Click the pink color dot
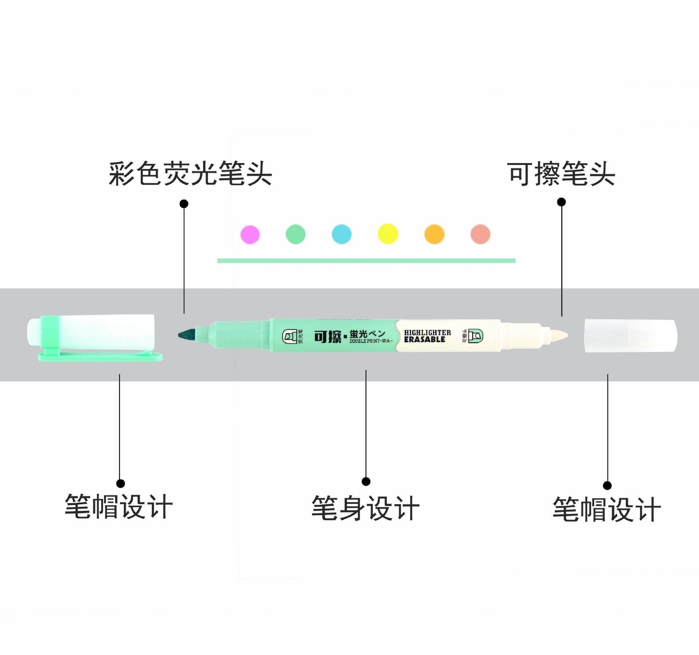pyautogui.click(x=250, y=234)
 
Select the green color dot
pyautogui.click(x=296, y=234)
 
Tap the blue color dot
pyautogui.click(x=341, y=234)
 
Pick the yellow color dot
pyautogui.click(x=388, y=234)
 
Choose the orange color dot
pyautogui.click(x=434, y=234)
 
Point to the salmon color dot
pyautogui.click(x=480, y=234)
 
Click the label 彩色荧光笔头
pyautogui.click(x=190, y=174)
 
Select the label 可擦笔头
pyautogui.click(x=561, y=174)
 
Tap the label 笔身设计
pyautogui.click(x=365, y=508)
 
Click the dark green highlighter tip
pyautogui.click(x=187, y=334)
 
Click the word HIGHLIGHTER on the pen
pyautogui.click(x=427, y=332)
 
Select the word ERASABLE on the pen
pyautogui.click(x=424, y=340)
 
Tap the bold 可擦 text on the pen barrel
pyautogui.click(x=328, y=336)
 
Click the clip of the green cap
pyautogui.click(x=100, y=356)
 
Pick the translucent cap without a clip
pyautogui.click(x=631, y=336)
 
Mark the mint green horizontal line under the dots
pyautogui.click(x=366, y=260)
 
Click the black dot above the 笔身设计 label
pyautogui.click(x=366, y=481)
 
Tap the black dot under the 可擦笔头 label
pyautogui.click(x=562, y=202)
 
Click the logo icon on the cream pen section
pyautogui.click(x=475, y=335)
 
